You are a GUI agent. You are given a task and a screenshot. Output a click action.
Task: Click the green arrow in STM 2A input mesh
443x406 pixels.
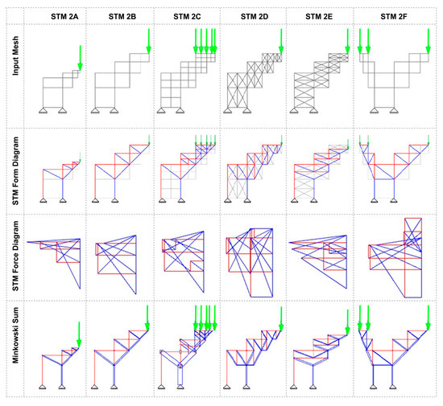pyautogui.click(x=80, y=56)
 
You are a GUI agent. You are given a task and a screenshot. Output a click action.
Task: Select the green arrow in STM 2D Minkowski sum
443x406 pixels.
pyautogui.click(x=279, y=318)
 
